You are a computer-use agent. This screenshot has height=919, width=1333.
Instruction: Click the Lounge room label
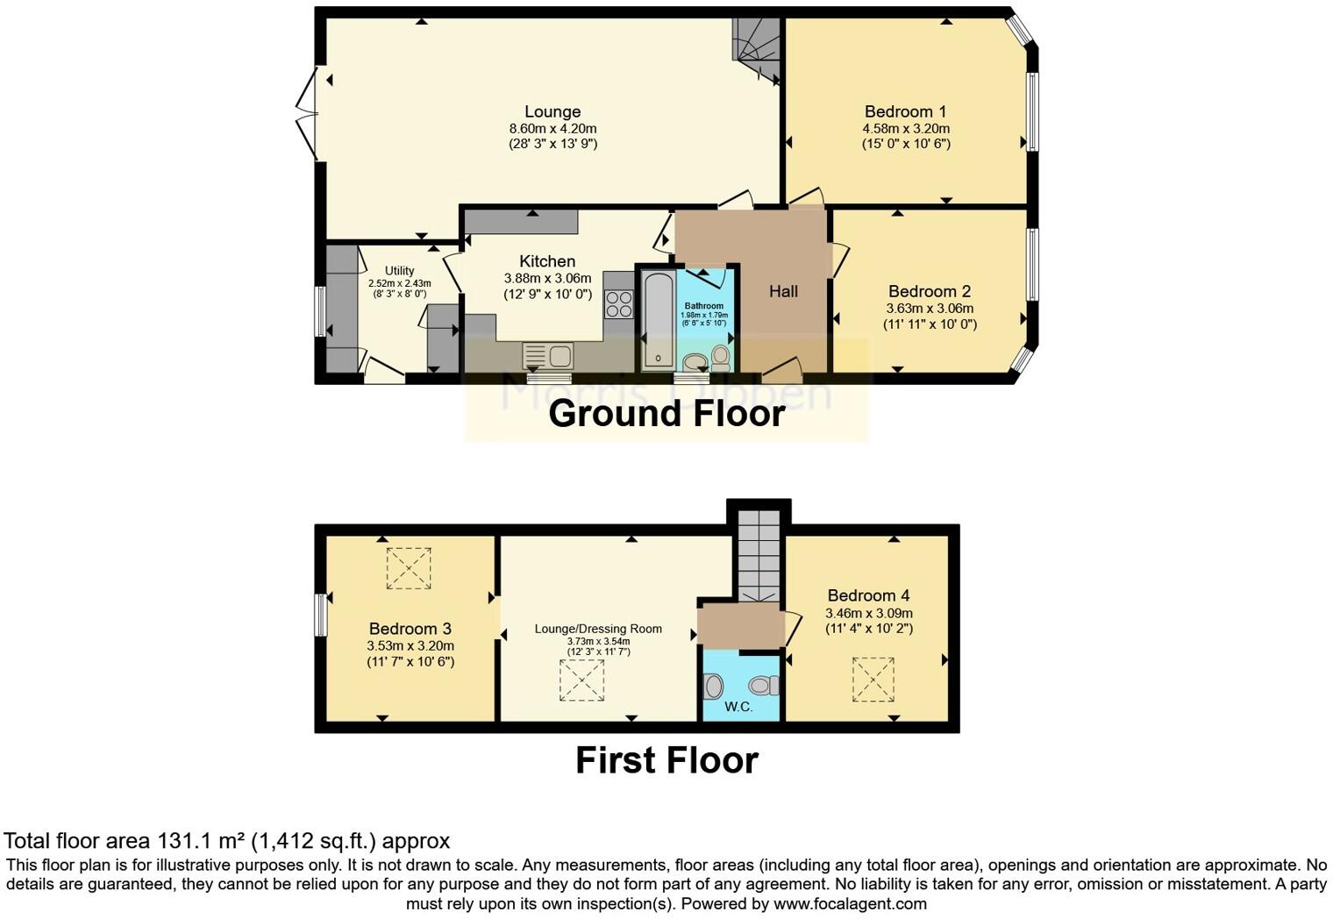point(552,111)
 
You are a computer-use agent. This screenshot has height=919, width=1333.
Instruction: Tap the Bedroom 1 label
point(905,111)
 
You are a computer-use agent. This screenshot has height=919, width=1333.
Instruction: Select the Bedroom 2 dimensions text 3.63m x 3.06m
point(930,309)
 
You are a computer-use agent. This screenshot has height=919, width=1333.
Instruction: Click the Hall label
point(783,291)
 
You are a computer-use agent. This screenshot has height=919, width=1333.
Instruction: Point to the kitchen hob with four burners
point(618,304)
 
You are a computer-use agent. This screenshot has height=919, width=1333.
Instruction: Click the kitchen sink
point(548,356)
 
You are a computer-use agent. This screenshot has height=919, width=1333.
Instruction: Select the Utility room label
point(399,271)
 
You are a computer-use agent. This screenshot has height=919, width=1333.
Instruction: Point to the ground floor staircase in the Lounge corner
point(757,51)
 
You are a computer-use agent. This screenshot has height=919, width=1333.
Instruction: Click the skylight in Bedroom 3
point(409,568)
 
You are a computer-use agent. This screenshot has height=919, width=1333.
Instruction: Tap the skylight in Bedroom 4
point(873,680)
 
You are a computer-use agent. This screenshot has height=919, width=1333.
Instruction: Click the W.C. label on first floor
point(738,707)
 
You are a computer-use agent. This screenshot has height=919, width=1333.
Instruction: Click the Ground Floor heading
point(666,414)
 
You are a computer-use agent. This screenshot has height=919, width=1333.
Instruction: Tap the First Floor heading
point(666,760)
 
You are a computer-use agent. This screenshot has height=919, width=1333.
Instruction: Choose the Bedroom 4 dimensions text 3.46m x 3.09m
point(868,614)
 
